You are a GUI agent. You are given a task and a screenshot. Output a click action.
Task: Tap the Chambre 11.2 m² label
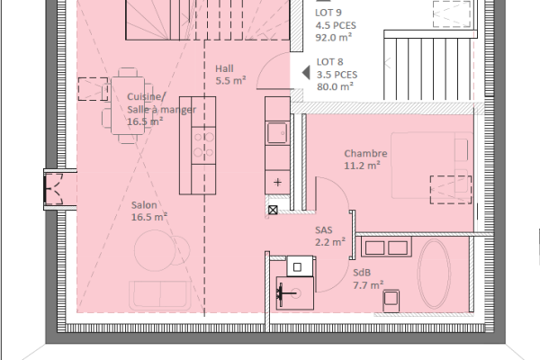362,159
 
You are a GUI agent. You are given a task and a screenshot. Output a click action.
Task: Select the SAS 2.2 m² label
329,236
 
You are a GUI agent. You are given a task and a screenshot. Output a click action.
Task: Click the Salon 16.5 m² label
148,211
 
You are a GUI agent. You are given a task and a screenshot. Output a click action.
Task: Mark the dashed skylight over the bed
445,190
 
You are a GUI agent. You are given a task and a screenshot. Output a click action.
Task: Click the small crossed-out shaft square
273,210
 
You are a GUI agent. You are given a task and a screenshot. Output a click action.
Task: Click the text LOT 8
329,63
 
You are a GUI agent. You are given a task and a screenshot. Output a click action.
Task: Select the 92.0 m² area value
333,39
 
